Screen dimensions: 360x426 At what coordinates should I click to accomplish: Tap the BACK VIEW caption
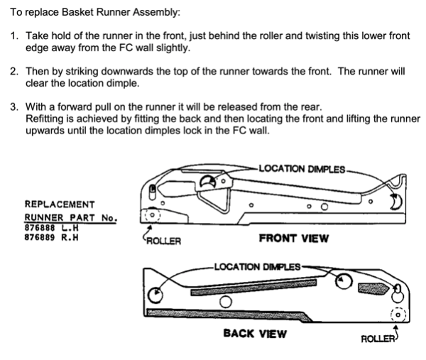pyautogui.click(x=255, y=333)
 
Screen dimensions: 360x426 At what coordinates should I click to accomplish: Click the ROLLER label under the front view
pyautogui.click(x=163, y=241)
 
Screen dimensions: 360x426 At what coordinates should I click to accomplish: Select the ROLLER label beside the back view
pyautogui.click(x=378, y=338)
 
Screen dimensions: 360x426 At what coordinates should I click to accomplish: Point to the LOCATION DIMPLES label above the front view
pyautogui.click(x=302, y=169)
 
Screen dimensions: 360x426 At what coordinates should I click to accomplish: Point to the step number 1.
pyautogui.click(x=13, y=36)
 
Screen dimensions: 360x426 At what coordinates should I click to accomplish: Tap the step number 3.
pyautogui.click(x=13, y=107)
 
